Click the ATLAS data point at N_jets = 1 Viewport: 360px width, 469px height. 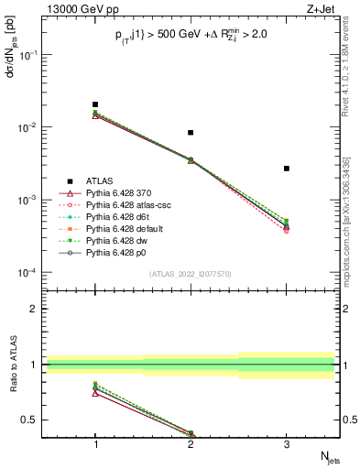point(95,104)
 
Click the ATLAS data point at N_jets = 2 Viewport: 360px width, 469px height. point(191,133)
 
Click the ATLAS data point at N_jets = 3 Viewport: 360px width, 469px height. point(287,169)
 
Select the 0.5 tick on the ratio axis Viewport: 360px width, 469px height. point(35,420)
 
